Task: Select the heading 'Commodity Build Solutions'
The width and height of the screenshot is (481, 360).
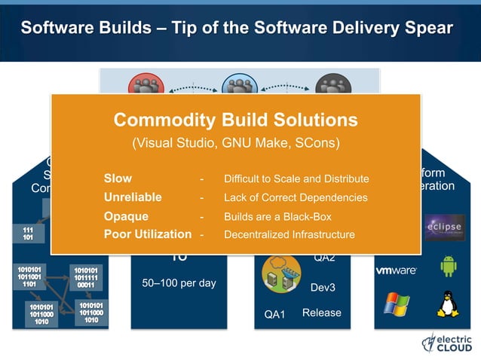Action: click(235, 120)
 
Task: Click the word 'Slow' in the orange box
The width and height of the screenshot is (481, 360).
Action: click(118, 178)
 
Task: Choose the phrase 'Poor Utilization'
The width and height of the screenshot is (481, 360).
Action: click(147, 234)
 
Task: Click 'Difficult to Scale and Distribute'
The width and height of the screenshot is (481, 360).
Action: click(296, 179)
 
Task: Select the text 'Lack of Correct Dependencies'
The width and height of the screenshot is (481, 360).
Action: click(296, 197)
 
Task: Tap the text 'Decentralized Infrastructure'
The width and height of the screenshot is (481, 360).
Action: click(289, 235)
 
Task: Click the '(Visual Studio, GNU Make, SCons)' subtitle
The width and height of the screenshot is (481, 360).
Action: click(235, 143)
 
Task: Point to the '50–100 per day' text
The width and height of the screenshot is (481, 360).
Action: click(179, 284)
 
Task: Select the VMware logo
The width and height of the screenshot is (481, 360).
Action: click(397, 270)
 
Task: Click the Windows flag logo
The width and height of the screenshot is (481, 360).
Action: click(396, 304)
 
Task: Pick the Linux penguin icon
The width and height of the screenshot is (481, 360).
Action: click(448, 304)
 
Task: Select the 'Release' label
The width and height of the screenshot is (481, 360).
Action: click(322, 313)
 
